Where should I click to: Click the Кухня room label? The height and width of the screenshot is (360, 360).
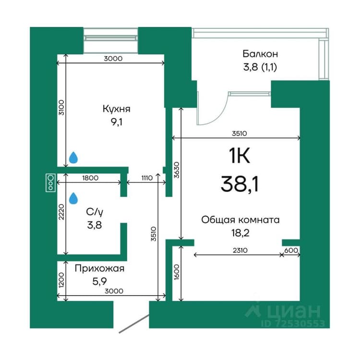tap(117, 109)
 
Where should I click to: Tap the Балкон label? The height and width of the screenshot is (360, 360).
tap(260, 54)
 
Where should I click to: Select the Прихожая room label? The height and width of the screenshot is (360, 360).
tap(99, 268)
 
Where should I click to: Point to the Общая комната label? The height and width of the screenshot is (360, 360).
tap(240, 220)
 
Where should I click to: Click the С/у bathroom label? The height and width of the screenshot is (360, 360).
tap(95, 212)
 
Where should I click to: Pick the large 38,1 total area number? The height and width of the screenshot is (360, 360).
tap(240, 184)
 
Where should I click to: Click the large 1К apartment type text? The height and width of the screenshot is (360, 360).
tap(239, 155)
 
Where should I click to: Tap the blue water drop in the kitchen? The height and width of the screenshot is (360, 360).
tap(73, 157)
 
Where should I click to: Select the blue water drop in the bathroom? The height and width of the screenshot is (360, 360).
tap(73, 198)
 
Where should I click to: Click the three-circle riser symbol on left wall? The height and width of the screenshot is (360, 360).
tap(50, 183)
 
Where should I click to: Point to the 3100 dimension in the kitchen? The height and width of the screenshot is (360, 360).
tap(61, 108)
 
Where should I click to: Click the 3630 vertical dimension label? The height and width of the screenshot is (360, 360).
tap(176, 170)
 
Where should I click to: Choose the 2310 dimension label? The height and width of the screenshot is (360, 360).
tap(240, 250)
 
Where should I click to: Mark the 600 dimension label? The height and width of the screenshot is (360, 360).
tap(291, 250)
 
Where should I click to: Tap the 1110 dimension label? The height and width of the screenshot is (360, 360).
tap(147, 178)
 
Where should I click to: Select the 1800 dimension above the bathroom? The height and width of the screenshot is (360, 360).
tap(90, 178)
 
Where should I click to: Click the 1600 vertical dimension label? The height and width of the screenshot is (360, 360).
tap(176, 272)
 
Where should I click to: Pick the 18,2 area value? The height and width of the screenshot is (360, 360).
tap(240, 233)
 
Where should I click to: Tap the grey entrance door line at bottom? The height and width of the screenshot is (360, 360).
tap(134, 324)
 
